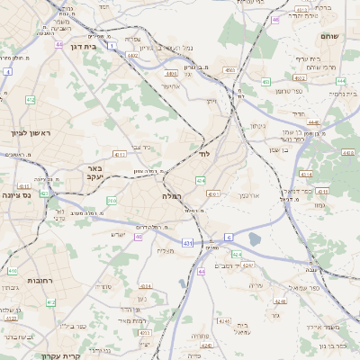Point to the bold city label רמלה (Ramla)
click(172, 195)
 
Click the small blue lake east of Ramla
click(256, 238)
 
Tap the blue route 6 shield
click(229, 237)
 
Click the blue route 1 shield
click(111, 44)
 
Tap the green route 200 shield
click(112, 201)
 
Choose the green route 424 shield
click(236, 254)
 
